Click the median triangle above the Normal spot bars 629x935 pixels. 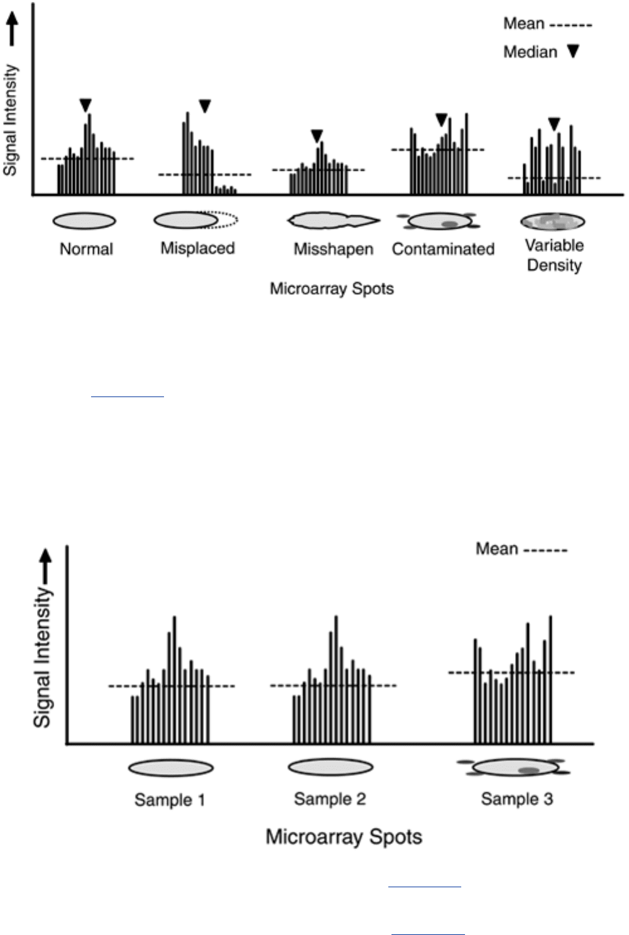point(85,105)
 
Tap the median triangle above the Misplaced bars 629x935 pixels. point(205,106)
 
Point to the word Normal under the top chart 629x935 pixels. point(86,249)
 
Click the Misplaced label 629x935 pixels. point(198,248)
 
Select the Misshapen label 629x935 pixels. point(334,249)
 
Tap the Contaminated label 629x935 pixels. point(443,249)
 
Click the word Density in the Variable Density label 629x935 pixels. point(554,265)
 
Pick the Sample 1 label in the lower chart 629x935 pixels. point(170,800)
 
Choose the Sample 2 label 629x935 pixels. point(330,799)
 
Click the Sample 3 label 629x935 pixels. point(517,799)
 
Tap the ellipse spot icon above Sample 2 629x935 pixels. point(331,767)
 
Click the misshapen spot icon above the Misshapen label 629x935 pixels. point(334,221)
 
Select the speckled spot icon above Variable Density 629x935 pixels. point(552,221)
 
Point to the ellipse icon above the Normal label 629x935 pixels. point(84,221)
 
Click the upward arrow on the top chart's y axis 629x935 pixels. point(13,28)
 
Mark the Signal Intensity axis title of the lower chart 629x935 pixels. point(42,657)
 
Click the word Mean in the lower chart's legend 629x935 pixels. point(496,549)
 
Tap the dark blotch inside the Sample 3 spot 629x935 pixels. point(529,770)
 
